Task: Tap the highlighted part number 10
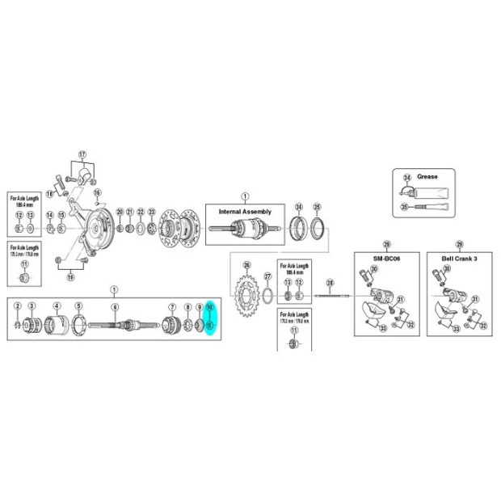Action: tap(209, 308)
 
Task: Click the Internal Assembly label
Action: tap(246, 212)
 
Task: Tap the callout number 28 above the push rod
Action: tap(330, 283)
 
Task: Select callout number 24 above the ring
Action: tap(298, 206)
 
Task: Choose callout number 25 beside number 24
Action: tap(317, 206)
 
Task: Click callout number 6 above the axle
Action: tap(115, 307)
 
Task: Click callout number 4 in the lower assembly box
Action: tap(57, 306)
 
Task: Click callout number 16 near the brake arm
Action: tap(97, 193)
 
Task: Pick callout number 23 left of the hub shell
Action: tap(152, 213)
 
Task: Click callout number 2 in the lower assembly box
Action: tap(18, 306)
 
